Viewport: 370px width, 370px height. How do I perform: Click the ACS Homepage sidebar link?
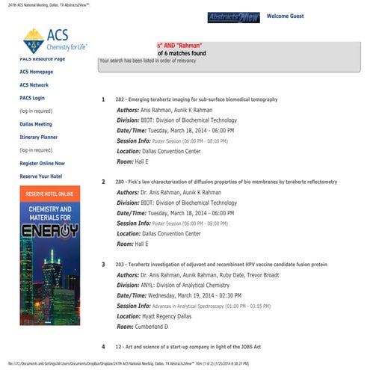pyautogui.click(x=37, y=72)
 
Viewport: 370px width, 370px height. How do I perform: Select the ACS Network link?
pyautogui.click(x=34, y=84)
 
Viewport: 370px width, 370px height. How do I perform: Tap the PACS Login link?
pyautogui.click(x=32, y=98)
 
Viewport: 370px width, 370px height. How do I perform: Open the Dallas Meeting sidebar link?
pyautogui.click(x=36, y=124)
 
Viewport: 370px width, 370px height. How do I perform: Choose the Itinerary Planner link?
pyautogui.click(x=39, y=138)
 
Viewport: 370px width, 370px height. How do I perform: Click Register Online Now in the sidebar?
pyautogui.click(x=42, y=163)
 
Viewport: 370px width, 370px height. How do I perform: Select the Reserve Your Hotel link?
pyautogui.click(x=40, y=176)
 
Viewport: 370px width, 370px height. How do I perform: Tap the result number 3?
pyautogui.click(x=103, y=265)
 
